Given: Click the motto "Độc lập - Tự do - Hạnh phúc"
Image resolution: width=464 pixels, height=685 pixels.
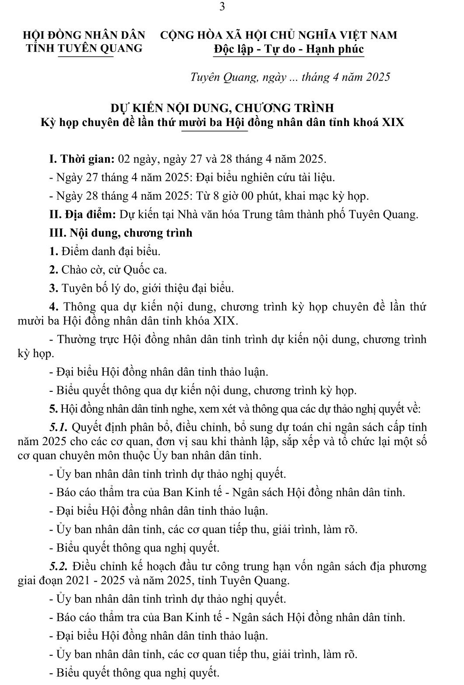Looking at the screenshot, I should [x=289, y=49].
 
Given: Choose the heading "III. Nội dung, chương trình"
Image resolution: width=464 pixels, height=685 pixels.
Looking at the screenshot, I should [x=120, y=232].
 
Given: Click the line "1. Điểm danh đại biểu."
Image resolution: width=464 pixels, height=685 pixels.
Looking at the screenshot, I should [x=105, y=251].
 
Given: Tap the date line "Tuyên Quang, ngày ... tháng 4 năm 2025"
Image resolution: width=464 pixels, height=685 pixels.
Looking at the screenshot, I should [x=290, y=77].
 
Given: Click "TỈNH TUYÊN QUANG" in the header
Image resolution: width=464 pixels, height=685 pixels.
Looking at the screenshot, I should [x=84, y=48].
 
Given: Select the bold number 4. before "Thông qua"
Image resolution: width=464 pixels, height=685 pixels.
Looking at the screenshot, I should [x=53, y=306].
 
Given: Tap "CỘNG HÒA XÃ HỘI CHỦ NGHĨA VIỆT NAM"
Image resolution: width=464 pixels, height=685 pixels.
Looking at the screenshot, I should [x=279, y=35].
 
